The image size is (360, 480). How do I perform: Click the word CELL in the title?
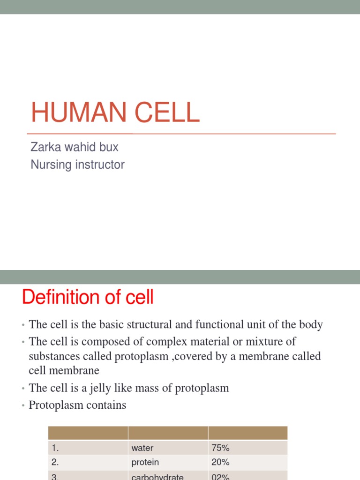click(x=168, y=113)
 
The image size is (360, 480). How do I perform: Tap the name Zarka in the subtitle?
click(x=43, y=147)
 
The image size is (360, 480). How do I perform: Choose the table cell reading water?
click(x=142, y=448)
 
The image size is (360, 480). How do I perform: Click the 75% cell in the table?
click(x=221, y=448)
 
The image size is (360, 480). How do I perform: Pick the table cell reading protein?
click(x=145, y=462)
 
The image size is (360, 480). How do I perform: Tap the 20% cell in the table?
click(x=221, y=462)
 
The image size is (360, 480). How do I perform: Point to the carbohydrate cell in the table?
click(x=157, y=476)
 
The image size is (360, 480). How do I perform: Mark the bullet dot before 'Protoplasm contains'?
click(x=22, y=405)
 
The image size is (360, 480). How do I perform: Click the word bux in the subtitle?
click(x=110, y=147)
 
